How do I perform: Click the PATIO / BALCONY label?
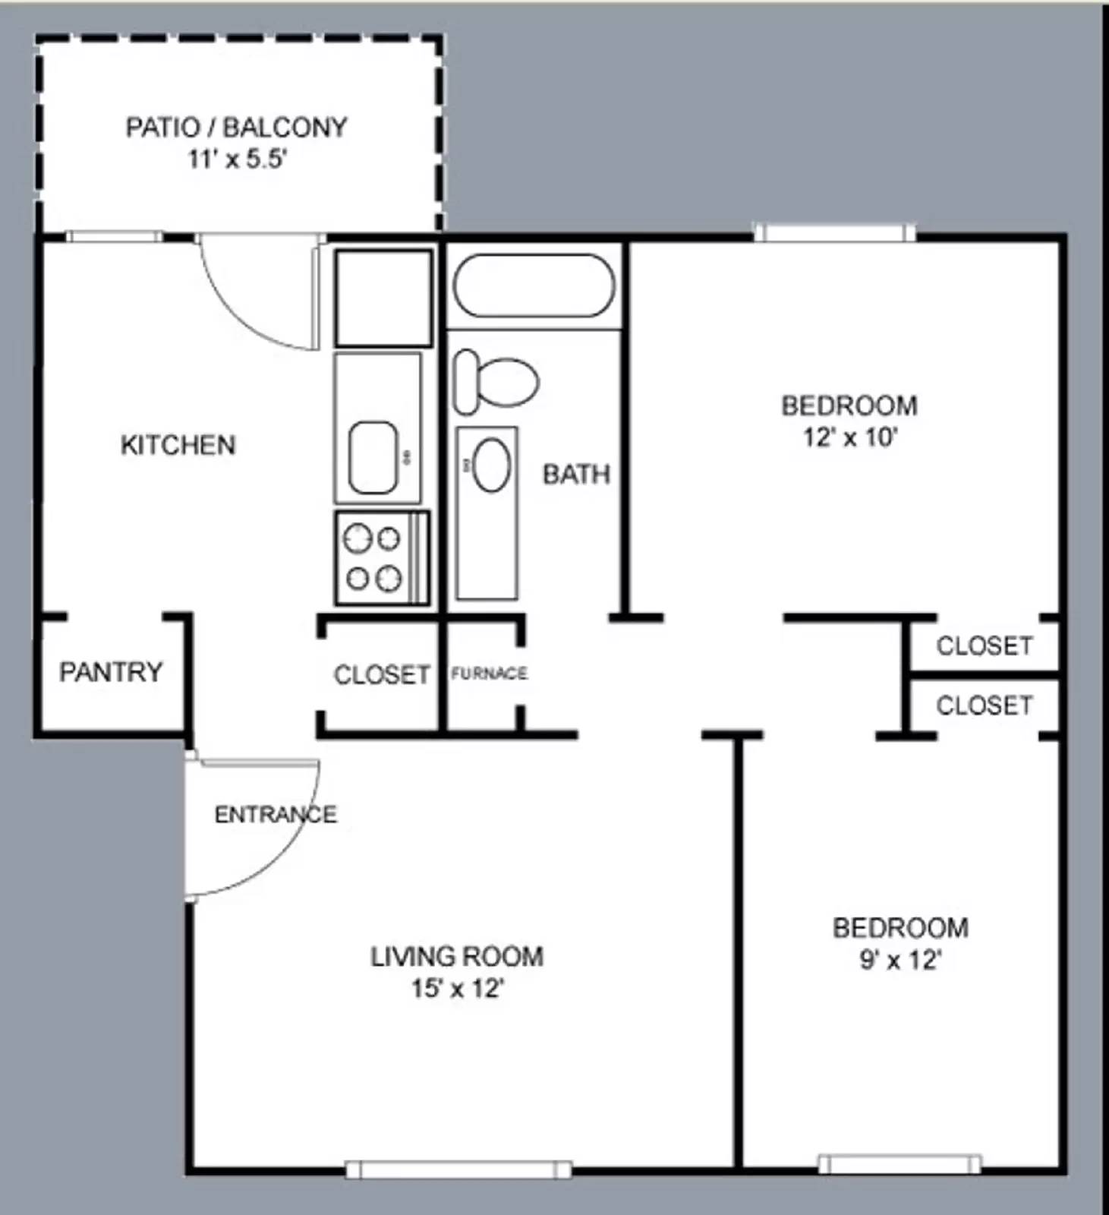coord(236,127)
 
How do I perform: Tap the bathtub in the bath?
coord(534,285)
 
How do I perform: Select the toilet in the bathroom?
coord(496,382)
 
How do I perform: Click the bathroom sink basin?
coord(491,465)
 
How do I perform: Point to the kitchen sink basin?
coord(373,457)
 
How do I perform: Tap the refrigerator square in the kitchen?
coord(383,298)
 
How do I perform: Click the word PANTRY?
coord(111,672)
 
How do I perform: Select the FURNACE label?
coord(489,674)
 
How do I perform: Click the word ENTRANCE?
coord(276,815)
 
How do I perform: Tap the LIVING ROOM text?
coord(457,956)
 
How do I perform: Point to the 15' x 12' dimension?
coord(458,989)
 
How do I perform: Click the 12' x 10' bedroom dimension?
coord(850,438)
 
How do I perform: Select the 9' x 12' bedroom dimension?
coord(900,961)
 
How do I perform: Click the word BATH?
coord(576,475)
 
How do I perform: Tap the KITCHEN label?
coord(178,445)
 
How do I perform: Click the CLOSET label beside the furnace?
coord(382,674)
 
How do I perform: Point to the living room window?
coord(458,1170)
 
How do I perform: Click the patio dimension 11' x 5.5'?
coord(237,159)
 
